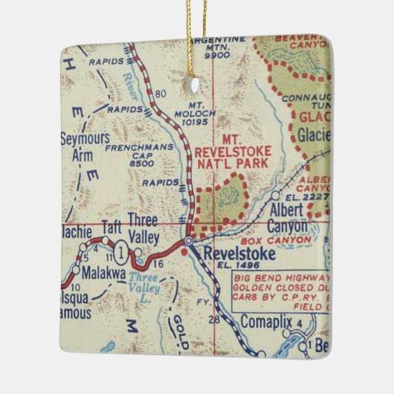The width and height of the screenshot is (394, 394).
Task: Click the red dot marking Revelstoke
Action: (x=184, y=253)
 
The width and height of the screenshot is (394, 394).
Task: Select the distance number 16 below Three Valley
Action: (x=156, y=264)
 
